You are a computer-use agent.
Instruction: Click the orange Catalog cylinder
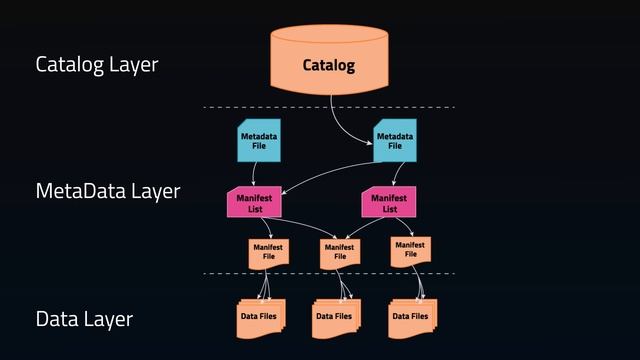(x=329, y=65)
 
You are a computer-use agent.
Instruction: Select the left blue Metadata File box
(x=258, y=141)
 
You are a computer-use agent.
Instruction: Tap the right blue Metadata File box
(x=395, y=141)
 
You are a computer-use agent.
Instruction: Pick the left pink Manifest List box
(x=253, y=203)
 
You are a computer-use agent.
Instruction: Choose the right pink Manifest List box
(x=389, y=203)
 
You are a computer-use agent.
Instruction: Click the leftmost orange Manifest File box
(x=268, y=252)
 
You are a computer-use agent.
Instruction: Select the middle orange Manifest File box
(x=339, y=252)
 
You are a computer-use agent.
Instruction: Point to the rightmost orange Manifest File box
(x=410, y=250)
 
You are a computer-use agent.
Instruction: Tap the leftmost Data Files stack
(x=259, y=316)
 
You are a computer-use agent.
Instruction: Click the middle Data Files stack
(x=335, y=316)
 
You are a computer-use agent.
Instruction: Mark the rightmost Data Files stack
(x=410, y=316)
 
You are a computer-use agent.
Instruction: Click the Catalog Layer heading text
(x=97, y=65)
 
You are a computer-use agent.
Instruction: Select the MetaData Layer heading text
(x=108, y=191)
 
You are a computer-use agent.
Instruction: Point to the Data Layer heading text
(x=84, y=319)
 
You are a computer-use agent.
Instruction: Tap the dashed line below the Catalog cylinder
(x=329, y=107)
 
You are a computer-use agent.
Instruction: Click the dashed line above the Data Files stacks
(x=329, y=274)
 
